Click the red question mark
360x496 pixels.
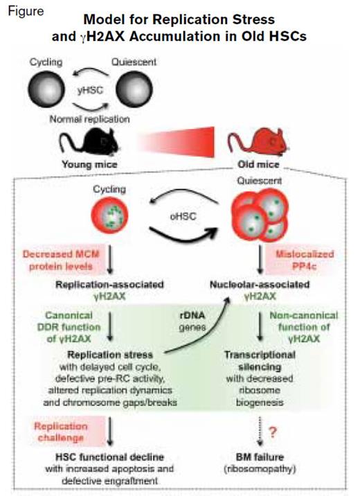[x=278, y=433]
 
